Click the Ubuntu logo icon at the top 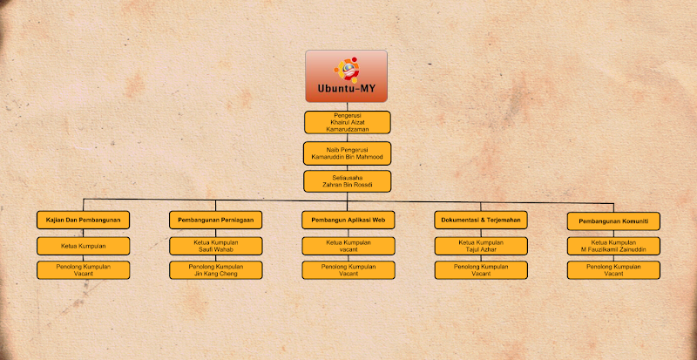(346, 68)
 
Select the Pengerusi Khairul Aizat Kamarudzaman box (347, 122)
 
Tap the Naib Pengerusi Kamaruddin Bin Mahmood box (347, 153)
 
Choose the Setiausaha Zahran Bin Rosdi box (347, 180)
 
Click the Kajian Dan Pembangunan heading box (84, 221)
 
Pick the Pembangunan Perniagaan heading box (215, 221)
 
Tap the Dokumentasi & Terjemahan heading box (481, 221)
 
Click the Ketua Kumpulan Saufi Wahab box (215, 246)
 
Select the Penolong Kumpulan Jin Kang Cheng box (215, 269)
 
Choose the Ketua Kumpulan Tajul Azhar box (481, 246)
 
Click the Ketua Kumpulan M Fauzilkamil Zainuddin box (612, 246)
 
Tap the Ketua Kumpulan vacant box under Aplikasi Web (348, 246)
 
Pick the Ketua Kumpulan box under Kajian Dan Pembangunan (84, 246)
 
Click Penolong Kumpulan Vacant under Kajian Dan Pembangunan (84, 269)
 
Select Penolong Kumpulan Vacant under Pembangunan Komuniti (612, 269)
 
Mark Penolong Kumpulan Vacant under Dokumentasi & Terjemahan (481, 269)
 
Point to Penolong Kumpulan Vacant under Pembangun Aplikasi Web (348, 269)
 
